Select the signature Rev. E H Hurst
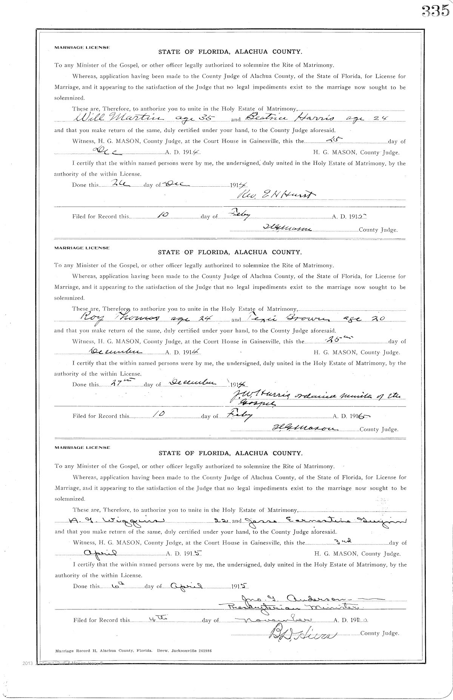(275, 194)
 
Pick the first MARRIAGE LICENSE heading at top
(82, 48)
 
